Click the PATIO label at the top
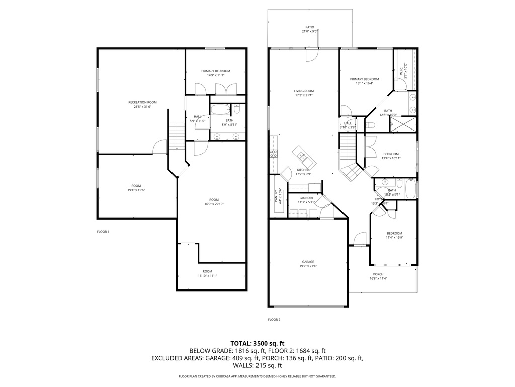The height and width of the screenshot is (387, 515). pos(310,27)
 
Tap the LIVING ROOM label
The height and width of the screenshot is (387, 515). pos(304,91)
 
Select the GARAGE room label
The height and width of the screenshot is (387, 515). pos(308,261)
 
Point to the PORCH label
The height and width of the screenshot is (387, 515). pos(378,274)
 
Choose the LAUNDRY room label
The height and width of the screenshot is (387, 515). pos(306,198)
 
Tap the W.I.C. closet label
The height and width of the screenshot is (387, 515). pos(401,70)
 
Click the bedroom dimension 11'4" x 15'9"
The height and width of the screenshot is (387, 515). pos(394,237)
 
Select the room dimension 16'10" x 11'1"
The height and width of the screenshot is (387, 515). pos(207,276)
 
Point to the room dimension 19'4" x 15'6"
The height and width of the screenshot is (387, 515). pos(136,190)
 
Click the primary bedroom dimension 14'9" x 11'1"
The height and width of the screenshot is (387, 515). pos(216,75)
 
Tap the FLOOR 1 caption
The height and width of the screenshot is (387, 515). pos(103,232)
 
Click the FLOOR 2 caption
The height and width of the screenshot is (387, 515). pos(274,319)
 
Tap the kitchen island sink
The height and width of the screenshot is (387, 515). pos(301,154)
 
